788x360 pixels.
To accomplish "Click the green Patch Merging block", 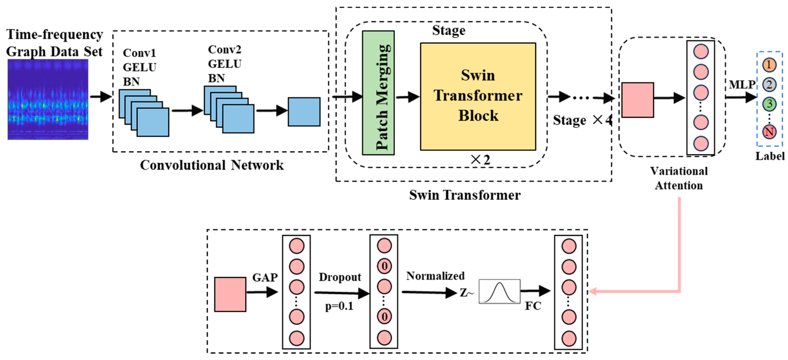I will point(378,93).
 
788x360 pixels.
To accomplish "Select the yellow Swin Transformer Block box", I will point(478,96).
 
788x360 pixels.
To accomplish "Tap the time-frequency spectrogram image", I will point(48,100).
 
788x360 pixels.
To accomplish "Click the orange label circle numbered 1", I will point(769,65).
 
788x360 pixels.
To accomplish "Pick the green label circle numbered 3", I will point(769,104).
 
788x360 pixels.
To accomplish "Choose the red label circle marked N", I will point(769,132).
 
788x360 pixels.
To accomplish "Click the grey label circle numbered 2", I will point(769,84).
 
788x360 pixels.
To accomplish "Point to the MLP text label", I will point(742,85).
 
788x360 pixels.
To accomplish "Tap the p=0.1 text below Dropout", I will point(339,306).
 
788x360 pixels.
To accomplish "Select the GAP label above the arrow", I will point(265,278).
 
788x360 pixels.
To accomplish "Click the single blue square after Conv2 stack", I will point(304,112).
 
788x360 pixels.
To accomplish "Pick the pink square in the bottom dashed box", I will point(230,294).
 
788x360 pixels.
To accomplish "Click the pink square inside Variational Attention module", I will point(638,100).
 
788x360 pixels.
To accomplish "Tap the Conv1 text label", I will point(139,53).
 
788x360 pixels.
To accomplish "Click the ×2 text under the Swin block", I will point(480,159).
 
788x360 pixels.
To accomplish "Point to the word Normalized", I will point(435,276).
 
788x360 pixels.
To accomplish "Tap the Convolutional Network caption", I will point(212,165).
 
